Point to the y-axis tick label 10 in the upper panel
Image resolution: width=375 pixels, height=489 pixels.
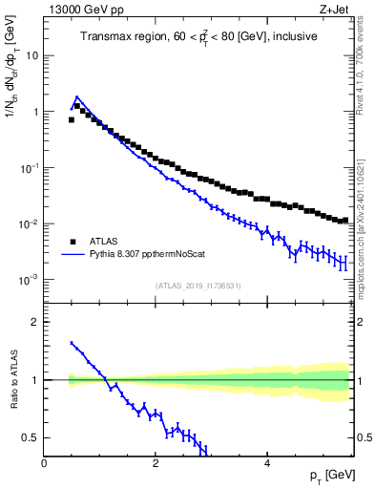pos(31,55)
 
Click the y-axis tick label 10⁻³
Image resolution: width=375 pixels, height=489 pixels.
pos(29,280)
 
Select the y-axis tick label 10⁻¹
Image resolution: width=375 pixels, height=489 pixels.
pos(29,167)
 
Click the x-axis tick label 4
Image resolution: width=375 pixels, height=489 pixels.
pos(267,463)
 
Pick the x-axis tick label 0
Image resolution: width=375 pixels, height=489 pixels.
pos(45,463)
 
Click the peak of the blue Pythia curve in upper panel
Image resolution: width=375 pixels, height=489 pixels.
pos(76,96)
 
